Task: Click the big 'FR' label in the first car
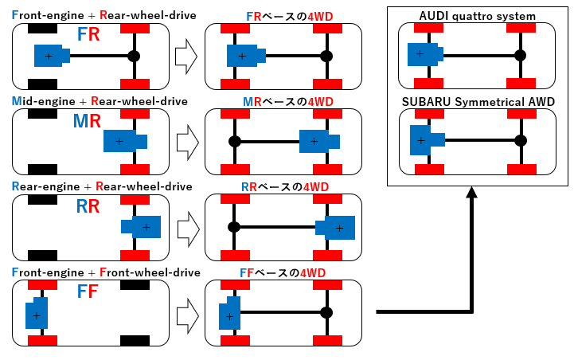click(x=88, y=34)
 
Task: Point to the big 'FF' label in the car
click(x=88, y=292)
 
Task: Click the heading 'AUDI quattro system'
click(x=477, y=17)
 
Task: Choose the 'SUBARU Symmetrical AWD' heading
click(x=477, y=102)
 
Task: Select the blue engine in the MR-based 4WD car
click(x=318, y=142)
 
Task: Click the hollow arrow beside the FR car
click(x=185, y=56)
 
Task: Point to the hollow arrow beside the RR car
click(x=185, y=228)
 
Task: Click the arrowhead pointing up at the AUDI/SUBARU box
click(x=472, y=194)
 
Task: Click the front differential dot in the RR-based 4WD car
click(x=234, y=227)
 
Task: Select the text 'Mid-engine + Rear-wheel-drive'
click(x=100, y=101)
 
